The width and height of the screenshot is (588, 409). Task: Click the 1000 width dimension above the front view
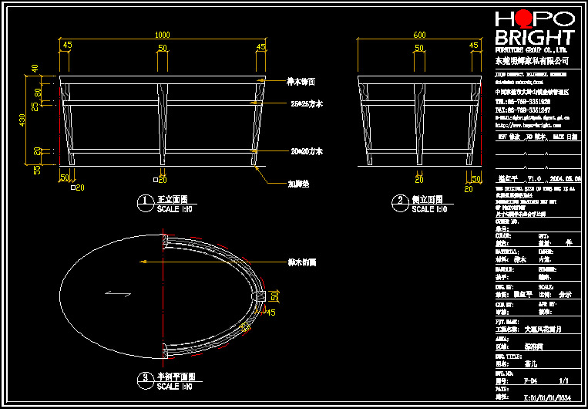click(x=162, y=35)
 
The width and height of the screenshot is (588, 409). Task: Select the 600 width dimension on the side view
click(x=419, y=35)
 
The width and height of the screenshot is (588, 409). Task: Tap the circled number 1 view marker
click(x=143, y=201)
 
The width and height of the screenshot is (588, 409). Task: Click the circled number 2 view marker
click(x=400, y=201)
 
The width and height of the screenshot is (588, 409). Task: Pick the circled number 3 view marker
click(x=143, y=379)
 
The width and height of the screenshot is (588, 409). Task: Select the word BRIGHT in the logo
click(x=534, y=38)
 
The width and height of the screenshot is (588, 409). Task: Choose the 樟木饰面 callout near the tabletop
click(x=301, y=81)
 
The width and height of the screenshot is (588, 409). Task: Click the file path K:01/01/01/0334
click(x=547, y=398)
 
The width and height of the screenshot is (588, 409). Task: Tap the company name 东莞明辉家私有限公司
click(x=531, y=60)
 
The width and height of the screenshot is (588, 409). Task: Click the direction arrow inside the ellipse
click(x=119, y=292)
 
